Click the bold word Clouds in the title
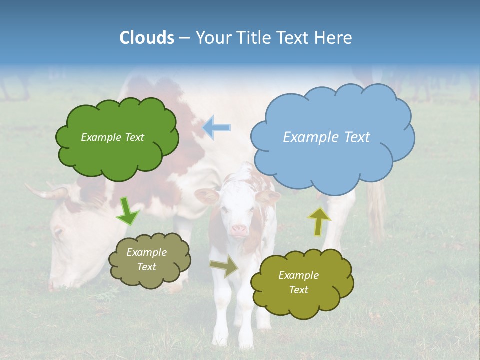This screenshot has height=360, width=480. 146,38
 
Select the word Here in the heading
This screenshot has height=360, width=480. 333,38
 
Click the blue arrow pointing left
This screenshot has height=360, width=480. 217,127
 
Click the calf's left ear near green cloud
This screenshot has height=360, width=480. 206,195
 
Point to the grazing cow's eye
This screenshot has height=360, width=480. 57,231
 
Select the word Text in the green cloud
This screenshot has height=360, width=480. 133,137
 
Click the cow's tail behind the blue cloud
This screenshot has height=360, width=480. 377,205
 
